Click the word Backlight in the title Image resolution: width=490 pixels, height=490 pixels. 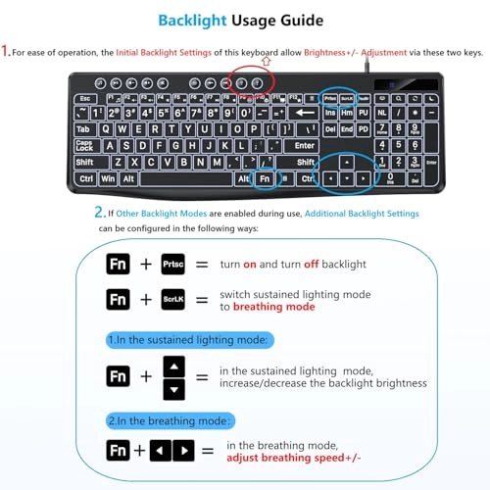pos(203,19)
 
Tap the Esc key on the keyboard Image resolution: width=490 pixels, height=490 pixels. pos(84,100)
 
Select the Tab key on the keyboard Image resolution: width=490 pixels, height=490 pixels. pos(83,129)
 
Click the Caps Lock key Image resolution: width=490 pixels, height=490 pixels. pos(85,145)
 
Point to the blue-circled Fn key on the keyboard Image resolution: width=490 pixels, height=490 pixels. pos(265,179)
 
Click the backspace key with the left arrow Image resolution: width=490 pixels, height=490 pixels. pos(305,114)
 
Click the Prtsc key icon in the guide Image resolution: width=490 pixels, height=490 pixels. pos(172,266)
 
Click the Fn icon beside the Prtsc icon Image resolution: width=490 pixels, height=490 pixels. pos(118,266)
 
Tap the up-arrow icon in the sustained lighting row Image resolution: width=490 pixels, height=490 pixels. pos(172,366)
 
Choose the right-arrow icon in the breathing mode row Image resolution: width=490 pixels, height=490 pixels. pos(182,452)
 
